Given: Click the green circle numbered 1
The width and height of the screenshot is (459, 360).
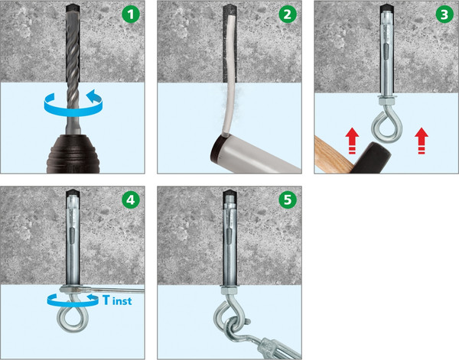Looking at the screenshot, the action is [x=131, y=14].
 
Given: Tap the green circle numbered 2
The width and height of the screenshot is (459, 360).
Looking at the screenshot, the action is [x=288, y=14].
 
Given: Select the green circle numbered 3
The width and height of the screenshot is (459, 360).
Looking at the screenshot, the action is [x=444, y=14].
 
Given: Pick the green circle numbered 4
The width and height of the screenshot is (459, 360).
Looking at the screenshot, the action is [x=131, y=199].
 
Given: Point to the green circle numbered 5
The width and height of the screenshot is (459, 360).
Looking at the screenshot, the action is [x=288, y=199].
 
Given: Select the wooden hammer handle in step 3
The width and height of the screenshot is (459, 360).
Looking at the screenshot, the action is [x=330, y=156].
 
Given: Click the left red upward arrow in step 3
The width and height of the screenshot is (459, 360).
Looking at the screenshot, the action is [x=352, y=141].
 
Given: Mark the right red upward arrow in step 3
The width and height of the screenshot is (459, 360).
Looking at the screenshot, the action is [x=422, y=141].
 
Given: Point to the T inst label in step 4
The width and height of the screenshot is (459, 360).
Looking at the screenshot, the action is [x=117, y=300].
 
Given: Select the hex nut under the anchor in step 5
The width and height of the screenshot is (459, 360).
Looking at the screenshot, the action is [x=230, y=290].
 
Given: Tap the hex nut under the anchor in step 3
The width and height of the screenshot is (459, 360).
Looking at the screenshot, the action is [x=386, y=101].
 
